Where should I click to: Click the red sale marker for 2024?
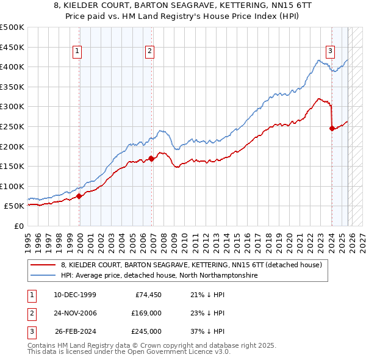click(x=332, y=128)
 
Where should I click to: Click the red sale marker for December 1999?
click(x=79, y=196)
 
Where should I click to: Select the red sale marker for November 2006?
click(x=152, y=159)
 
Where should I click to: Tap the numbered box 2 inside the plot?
click(x=149, y=52)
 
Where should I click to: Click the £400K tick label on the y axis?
click(x=12, y=67)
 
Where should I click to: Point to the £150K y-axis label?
click(x=12, y=166)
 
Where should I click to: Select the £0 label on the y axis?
click(x=18, y=226)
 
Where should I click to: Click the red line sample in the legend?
click(x=43, y=265)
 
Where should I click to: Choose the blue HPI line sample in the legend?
click(x=43, y=276)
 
